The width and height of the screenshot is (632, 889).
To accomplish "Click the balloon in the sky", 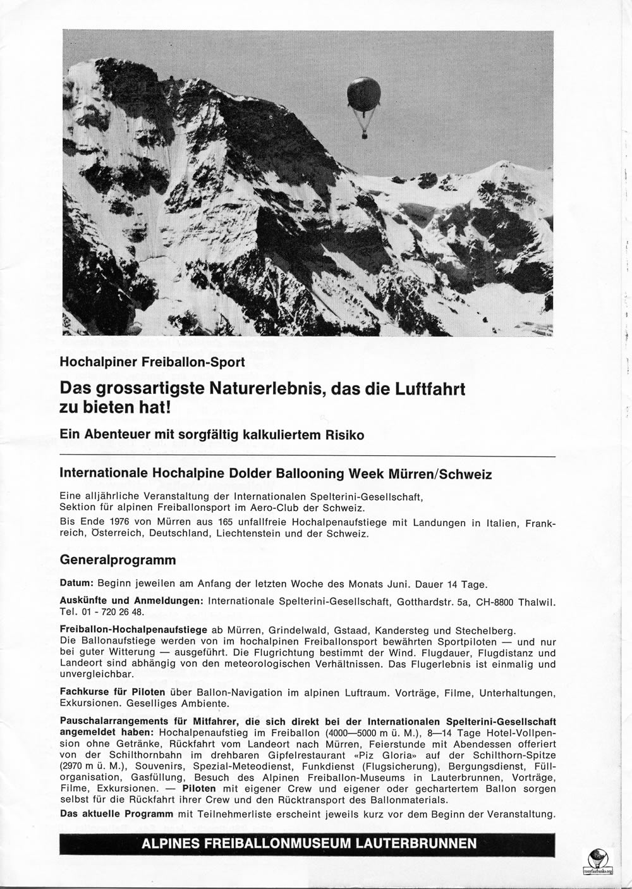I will pos(363,94).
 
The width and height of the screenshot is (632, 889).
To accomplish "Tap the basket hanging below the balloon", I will pos(364,134).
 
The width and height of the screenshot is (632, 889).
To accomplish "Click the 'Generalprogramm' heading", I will pos(118,560).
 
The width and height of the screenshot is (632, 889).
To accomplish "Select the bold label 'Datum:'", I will pos(77,583).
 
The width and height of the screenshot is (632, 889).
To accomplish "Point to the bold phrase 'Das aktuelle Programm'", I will pos(116,813).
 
